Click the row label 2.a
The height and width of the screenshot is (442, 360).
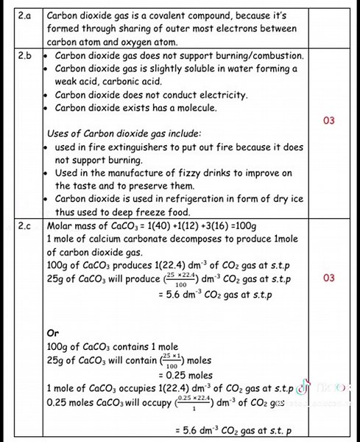tap(24, 15)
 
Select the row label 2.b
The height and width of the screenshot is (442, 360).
tap(24, 55)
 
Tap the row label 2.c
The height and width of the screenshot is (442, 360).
tap(24, 226)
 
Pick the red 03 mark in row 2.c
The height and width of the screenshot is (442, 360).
tap(329, 278)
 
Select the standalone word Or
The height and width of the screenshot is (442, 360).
tap(52, 334)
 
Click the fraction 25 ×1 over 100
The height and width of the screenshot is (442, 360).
tap(172, 361)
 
